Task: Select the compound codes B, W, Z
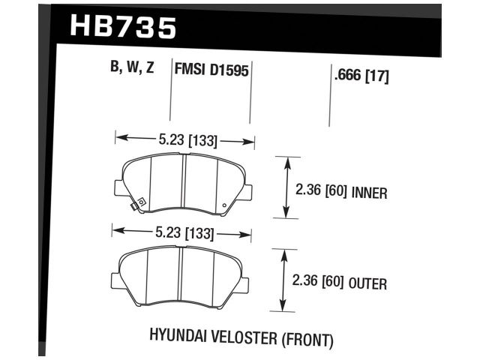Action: (132, 69)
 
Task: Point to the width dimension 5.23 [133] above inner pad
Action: (184, 139)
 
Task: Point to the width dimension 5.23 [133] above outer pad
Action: (183, 232)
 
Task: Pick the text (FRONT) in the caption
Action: (308, 339)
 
